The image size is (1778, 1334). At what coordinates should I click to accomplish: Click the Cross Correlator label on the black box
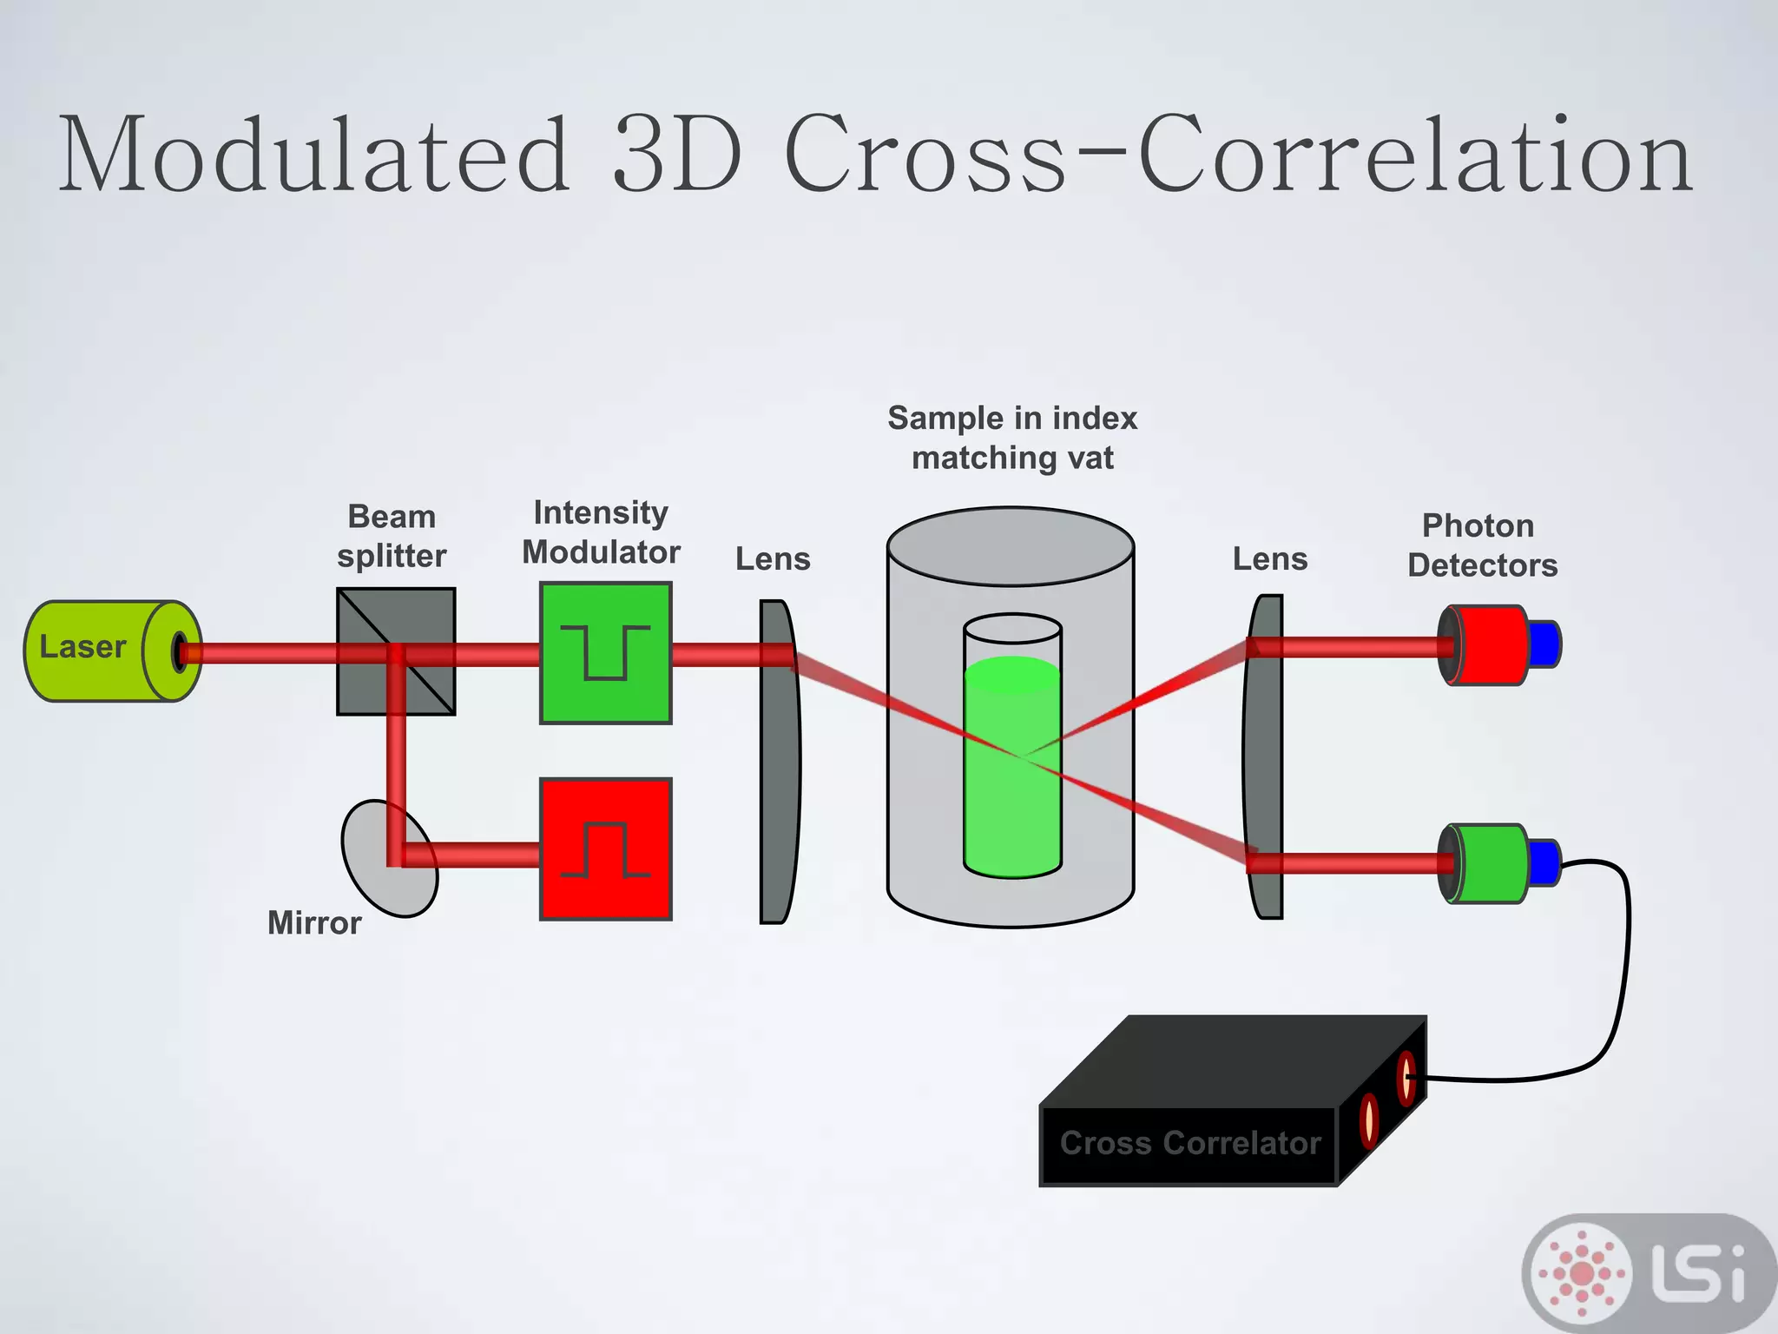click(1190, 1143)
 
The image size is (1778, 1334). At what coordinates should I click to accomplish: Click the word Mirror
click(314, 922)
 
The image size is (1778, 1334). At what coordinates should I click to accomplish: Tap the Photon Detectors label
click(1482, 545)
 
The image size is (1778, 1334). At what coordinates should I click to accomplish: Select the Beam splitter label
click(392, 536)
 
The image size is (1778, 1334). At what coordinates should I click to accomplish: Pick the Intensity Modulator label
click(601, 532)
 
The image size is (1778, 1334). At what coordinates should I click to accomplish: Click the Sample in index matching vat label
click(1012, 438)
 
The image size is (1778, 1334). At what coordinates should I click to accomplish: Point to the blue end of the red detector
click(1544, 644)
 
